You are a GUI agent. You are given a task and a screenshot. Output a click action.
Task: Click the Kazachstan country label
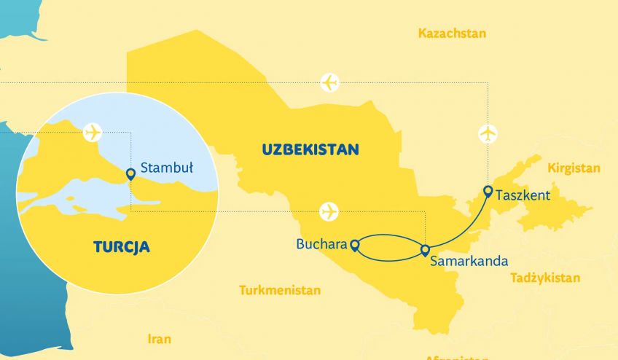(452, 34)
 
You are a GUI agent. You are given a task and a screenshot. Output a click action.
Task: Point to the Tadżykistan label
(545, 278)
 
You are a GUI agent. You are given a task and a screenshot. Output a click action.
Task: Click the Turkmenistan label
(280, 290)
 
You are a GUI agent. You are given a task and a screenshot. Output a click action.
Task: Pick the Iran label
(159, 339)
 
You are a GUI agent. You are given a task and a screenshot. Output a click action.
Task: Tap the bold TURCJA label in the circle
(122, 246)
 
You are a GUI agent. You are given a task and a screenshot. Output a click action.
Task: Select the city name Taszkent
(522, 195)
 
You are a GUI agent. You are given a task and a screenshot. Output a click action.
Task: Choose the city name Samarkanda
(469, 259)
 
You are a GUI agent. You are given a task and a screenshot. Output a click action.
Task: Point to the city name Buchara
(321, 244)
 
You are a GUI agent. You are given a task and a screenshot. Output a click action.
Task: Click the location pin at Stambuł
(130, 173)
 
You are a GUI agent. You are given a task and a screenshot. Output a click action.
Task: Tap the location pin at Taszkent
(488, 192)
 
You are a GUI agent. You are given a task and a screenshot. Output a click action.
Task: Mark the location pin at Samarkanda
(425, 251)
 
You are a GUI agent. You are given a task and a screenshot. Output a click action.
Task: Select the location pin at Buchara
(355, 246)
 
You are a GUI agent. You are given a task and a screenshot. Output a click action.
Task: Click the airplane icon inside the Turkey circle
(93, 132)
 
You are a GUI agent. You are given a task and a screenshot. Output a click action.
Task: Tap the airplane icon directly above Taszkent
(488, 134)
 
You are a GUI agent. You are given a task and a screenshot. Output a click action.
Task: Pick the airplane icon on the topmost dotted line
(330, 82)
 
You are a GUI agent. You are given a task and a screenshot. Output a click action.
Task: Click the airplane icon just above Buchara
(329, 212)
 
